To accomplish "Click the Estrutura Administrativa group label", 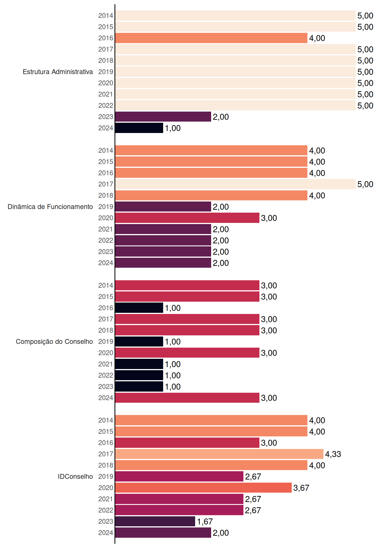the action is click(58, 72).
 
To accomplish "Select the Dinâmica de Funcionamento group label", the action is click(50, 207).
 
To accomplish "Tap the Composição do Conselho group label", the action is click(54, 342).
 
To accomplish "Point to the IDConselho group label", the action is click(75, 476).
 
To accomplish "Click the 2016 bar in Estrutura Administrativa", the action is click(211, 38).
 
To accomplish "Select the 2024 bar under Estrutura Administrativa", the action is click(139, 128).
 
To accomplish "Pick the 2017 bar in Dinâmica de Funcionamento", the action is click(235, 184).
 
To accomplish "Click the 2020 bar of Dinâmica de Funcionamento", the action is click(187, 218).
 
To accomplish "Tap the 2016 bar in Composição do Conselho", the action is click(139, 308).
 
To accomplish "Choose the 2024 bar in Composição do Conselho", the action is click(187, 398).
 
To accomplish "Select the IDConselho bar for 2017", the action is click(219, 454).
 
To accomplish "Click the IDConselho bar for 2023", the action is click(155, 521).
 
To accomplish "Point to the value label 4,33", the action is click(333, 454).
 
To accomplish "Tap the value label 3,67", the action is click(301, 488).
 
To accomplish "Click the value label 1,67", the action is click(205, 521).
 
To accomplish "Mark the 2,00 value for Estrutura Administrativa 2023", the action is click(221, 117).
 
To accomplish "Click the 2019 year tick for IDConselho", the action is click(106, 476).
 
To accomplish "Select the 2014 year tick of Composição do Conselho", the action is click(106, 285).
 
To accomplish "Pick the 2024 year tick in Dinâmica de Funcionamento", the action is click(106, 263).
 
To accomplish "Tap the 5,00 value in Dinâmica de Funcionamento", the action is click(365, 184).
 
